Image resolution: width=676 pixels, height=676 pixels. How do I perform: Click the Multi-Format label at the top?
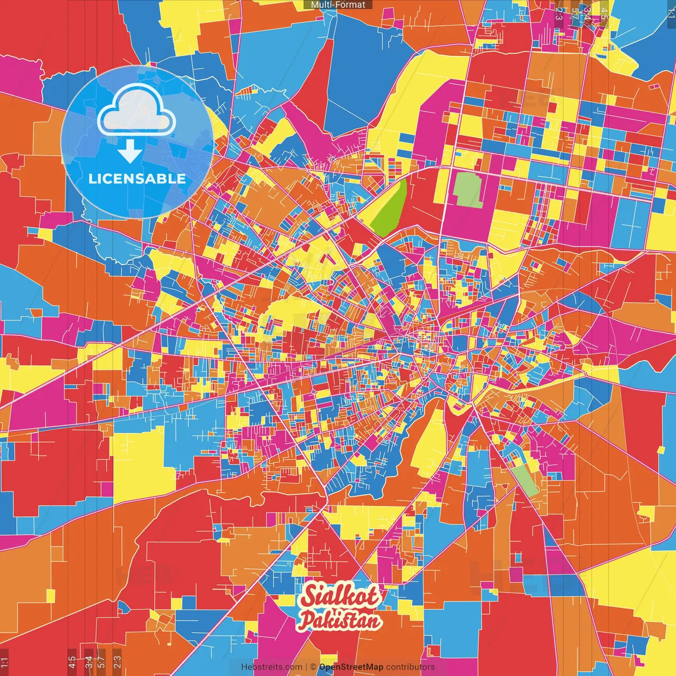point(338,5)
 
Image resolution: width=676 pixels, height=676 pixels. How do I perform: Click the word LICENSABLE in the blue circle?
point(137,179)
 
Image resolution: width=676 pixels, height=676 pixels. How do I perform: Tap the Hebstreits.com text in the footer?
point(271,667)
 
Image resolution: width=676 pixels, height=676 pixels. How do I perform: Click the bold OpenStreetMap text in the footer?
point(351,667)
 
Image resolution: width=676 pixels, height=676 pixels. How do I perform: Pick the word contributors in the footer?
point(410,667)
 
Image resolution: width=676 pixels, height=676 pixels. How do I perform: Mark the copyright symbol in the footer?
point(313,667)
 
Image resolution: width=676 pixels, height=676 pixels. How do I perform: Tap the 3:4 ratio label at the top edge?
point(587,12)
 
